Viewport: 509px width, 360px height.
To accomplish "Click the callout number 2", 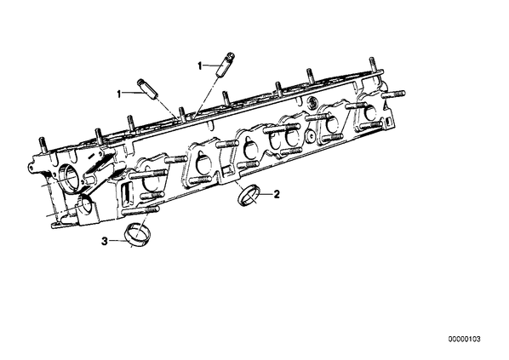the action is [x=277, y=194].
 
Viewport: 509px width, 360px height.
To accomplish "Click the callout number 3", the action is [x=104, y=241].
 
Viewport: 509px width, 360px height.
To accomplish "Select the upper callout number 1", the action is [x=200, y=66].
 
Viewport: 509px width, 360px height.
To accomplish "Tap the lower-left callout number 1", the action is [x=119, y=94].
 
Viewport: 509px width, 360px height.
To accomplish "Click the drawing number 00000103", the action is [x=464, y=340].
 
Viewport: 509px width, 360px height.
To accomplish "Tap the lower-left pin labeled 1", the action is [x=148, y=89].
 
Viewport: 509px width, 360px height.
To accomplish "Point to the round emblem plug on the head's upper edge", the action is [x=312, y=103].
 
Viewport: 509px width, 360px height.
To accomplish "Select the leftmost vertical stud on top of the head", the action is [x=43, y=146].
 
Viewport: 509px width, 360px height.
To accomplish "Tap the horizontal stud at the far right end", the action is [x=394, y=94].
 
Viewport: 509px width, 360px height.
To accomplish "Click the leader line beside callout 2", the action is [x=266, y=194].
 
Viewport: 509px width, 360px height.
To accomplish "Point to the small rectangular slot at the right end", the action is [x=388, y=122].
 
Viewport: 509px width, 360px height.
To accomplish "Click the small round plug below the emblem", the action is [x=311, y=136].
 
